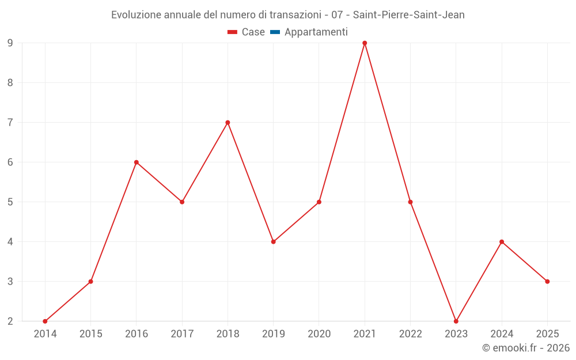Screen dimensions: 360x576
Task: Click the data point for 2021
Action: click(365, 43)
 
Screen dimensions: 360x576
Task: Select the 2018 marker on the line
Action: click(228, 123)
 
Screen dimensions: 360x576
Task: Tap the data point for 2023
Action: click(456, 321)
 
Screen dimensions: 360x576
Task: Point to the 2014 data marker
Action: click(45, 321)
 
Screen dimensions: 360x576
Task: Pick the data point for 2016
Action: click(137, 162)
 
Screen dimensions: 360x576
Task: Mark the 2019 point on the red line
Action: click(273, 242)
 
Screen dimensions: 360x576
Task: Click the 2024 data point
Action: click(502, 242)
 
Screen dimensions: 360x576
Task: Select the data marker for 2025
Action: click(547, 282)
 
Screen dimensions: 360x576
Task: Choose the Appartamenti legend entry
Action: click(316, 32)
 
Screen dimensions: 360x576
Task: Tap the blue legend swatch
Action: click(275, 32)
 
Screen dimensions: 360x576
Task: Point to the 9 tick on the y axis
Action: click(10, 43)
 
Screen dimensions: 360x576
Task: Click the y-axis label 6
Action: click(10, 162)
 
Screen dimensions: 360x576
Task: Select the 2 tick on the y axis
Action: click(10, 321)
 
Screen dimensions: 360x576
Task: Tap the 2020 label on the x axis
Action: click(319, 334)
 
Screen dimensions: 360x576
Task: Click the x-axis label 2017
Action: click(182, 334)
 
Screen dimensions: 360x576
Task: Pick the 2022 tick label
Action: click(410, 334)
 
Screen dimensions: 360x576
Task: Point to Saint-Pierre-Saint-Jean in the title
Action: click(408, 15)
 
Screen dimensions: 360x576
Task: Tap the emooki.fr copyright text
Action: click(526, 348)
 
